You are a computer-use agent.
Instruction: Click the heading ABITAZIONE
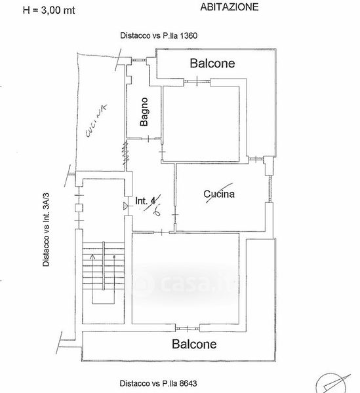click(x=230, y=7)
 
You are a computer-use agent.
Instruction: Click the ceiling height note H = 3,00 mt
click(x=49, y=10)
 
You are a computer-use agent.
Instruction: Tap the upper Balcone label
click(x=212, y=63)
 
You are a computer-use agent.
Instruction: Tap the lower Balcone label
click(x=194, y=344)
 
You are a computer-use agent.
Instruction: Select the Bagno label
click(x=144, y=112)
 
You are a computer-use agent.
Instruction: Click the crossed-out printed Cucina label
click(x=219, y=194)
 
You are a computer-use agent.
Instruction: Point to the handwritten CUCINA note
click(x=96, y=121)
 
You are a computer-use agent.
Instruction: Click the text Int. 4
click(x=146, y=201)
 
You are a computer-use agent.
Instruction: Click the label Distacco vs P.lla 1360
click(x=159, y=35)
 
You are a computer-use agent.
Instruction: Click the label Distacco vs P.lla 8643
click(x=158, y=383)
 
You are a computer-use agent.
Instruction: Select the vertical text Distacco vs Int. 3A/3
click(x=46, y=229)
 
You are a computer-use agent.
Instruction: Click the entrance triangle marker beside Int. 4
click(x=126, y=206)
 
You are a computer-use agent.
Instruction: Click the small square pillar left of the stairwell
click(x=79, y=208)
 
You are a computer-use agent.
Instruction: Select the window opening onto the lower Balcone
click(x=188, y=328)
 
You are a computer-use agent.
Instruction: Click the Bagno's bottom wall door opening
click(x=148, y=139)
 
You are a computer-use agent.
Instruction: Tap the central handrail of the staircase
click(x=104, y=266)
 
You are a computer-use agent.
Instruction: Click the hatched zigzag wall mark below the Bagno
click(x=126, y=153)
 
